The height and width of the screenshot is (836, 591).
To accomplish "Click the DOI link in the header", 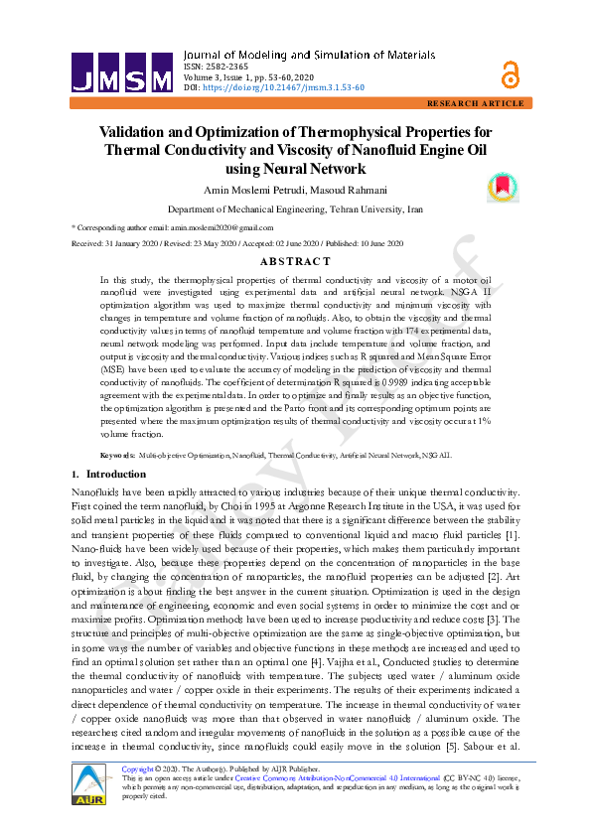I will [x=283, y=87].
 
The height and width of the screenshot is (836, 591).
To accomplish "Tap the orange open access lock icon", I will [x=511, y=72].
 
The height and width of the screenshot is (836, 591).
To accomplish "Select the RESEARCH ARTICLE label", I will [x=474, y=103].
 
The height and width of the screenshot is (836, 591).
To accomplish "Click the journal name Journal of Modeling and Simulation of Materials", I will [x=313, y=54].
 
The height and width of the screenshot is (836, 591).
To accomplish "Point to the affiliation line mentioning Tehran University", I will [x=295, y=210].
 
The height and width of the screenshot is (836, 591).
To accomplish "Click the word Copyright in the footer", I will [x=136, y=769].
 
